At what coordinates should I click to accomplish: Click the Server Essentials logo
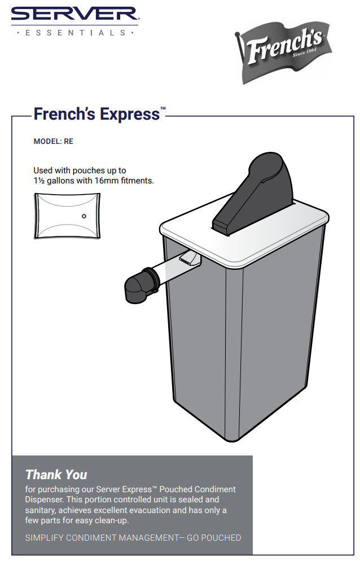(x=74, y=21)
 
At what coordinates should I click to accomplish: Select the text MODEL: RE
(x=54, y=142)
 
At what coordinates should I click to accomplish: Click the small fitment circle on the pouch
(x=84, y=216)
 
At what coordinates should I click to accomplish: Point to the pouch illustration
(x=67, y=215)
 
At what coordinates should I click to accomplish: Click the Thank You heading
(x=56, y=475)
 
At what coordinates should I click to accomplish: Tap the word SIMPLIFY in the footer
(x=45, y=538)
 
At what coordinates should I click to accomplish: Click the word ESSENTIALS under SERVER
(x=74, y=33)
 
